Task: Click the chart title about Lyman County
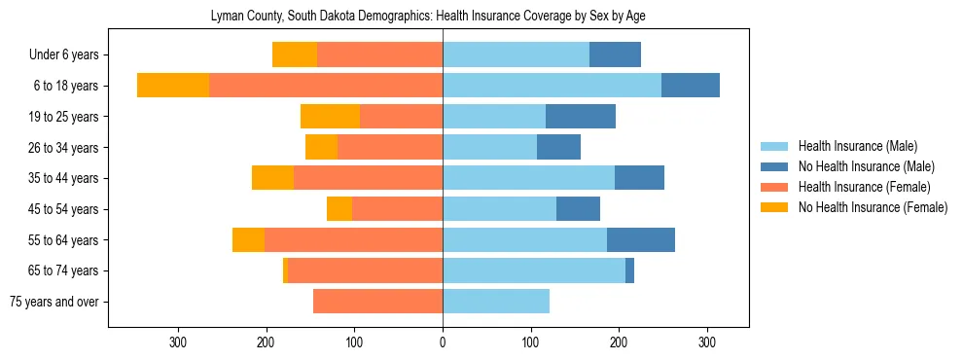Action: (x=428, y=16)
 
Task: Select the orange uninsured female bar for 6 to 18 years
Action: (x=173, y=86)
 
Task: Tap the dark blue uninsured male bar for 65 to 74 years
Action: (x=629, y=270)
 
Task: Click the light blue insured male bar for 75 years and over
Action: (x=496, y=302)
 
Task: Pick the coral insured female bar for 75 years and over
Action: (x=377, y=302)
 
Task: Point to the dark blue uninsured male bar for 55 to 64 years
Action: (x=641, y=240)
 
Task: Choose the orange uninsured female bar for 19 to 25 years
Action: (x=330, y=117)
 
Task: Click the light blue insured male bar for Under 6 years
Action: (x=516, y=55)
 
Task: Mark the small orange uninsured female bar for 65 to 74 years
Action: (x=285, y=270)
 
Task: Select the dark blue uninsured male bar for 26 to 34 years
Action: (x=558, y=148)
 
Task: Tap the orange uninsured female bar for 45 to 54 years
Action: (x=339, y=209)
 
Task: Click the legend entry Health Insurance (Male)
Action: (x=857, y=147)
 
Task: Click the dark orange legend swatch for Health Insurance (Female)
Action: (x=774, y=187)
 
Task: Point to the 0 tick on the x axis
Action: (x=443, y=342)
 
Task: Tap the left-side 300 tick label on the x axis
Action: (x=178, y=342)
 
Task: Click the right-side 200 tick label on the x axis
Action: (x=619, y=342)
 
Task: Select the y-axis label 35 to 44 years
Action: (x=65, y=179)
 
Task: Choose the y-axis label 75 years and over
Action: (x=53, y=302)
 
